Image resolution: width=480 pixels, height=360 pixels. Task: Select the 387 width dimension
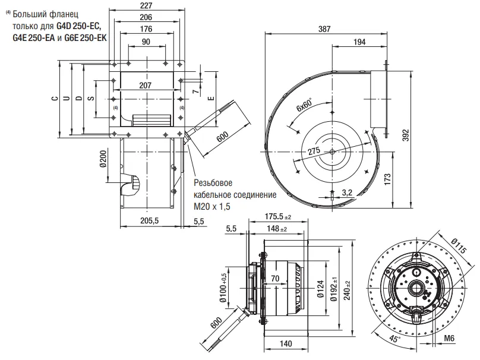pos(325,29)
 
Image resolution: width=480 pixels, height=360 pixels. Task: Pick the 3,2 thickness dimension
pos(349,192)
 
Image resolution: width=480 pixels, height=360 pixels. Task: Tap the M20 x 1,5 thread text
pos(211,206)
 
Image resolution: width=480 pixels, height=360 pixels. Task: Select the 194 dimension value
pos(358,42)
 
